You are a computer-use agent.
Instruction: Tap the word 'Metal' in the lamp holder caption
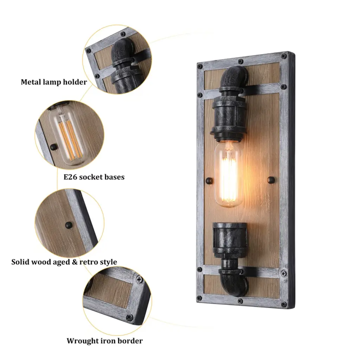pyautogui.click(x=30, y=82)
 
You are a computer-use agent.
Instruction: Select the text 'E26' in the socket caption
pyautogui.click(x=69, y=177)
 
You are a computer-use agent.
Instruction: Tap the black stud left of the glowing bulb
pyautogui.click(x=210, y=181)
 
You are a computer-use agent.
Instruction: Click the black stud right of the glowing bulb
pyautogui.click(x=271, y=180)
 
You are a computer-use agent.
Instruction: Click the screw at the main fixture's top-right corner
pyautogui.click(x=284, y=56)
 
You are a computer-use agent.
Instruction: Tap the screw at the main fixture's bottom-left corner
pyautogui.click(x=200, y=298)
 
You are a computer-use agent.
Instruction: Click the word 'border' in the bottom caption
pyautogui.click(x=129, y=341)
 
